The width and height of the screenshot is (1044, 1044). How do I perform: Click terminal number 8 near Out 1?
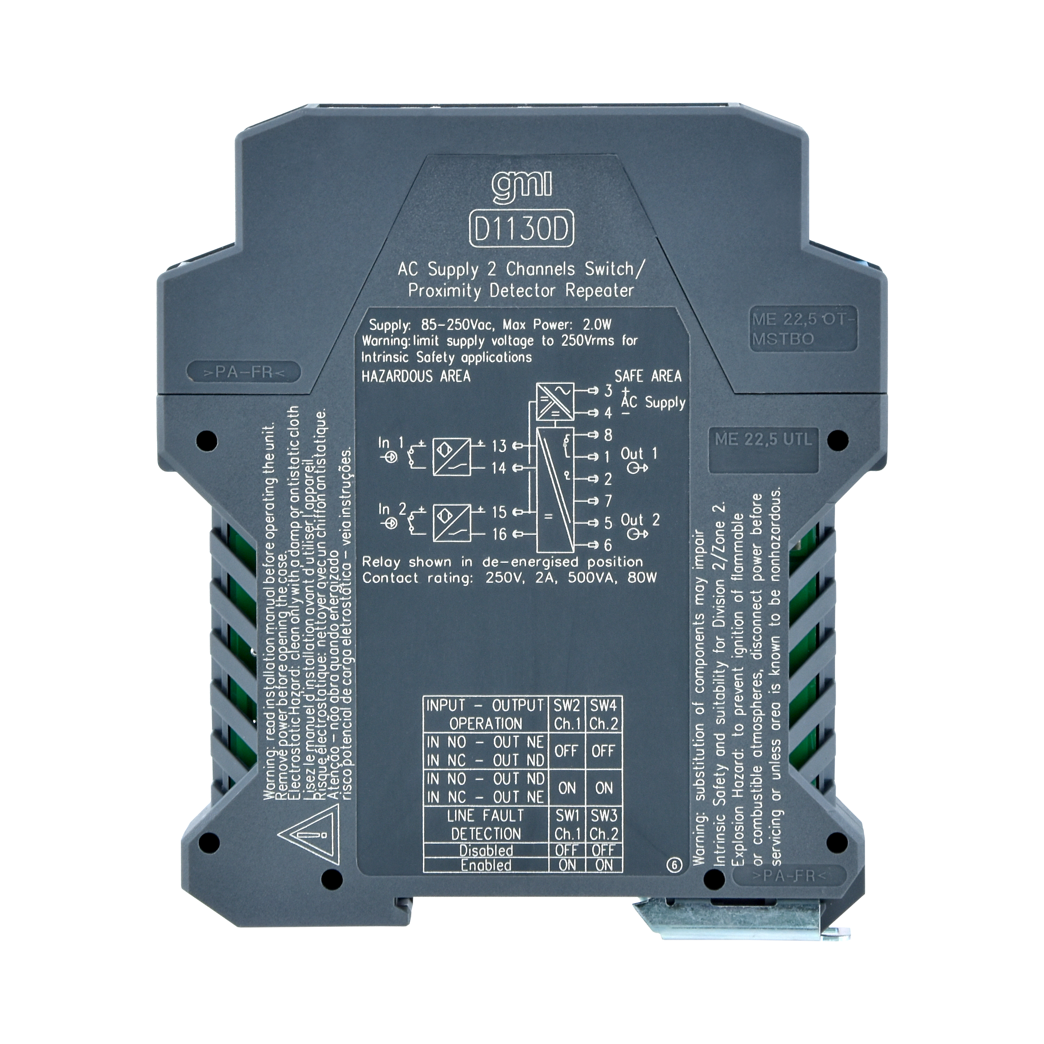(x=608, y=435)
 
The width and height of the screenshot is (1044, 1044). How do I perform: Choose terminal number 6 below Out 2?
(x=608, y=545)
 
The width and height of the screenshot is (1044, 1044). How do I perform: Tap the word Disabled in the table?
(x=486, y=850)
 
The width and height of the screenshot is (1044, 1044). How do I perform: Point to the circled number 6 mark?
(x=674, y=865)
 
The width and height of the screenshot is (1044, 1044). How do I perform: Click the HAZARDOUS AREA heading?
(x=415, y=377)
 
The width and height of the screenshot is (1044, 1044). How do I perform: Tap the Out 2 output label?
(x=640, y=521)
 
